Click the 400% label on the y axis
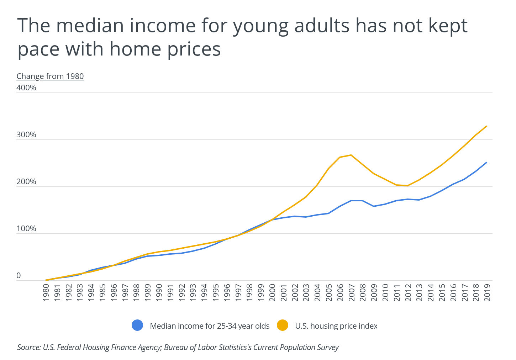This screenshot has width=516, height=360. click(x=26, y=88)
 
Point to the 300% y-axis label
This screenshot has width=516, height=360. click(x=26, y=135)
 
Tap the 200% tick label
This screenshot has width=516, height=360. click(x=26, y=182)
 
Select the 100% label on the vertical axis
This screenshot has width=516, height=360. click(x=26, y=229)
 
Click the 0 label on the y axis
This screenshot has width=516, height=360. click(x=19, y=276)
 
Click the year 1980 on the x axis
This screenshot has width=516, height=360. click(x=46, y=292)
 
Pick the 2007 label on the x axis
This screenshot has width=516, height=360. click(x=352, y=292)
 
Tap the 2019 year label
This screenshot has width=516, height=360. click(x=487, y=292)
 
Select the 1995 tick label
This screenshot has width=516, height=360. click(x=216, y=292)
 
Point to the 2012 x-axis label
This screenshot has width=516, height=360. click(x=408, y=292)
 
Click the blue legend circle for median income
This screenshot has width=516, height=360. click(x=137, y=325)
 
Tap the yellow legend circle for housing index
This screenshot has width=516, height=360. click(x=283, y=325)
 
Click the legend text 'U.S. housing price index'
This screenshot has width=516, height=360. click(x=336, y=326)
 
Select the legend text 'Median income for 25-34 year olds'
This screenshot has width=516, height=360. click(x=210, y=326)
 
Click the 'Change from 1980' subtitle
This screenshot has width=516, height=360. click(x=50, y=76)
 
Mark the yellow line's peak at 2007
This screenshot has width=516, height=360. click(x=351, y=155)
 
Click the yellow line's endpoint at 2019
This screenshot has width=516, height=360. click(x=486, y=126)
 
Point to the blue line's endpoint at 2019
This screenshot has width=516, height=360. click(x=486, y=163)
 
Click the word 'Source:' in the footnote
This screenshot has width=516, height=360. click(x=29, y=347)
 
